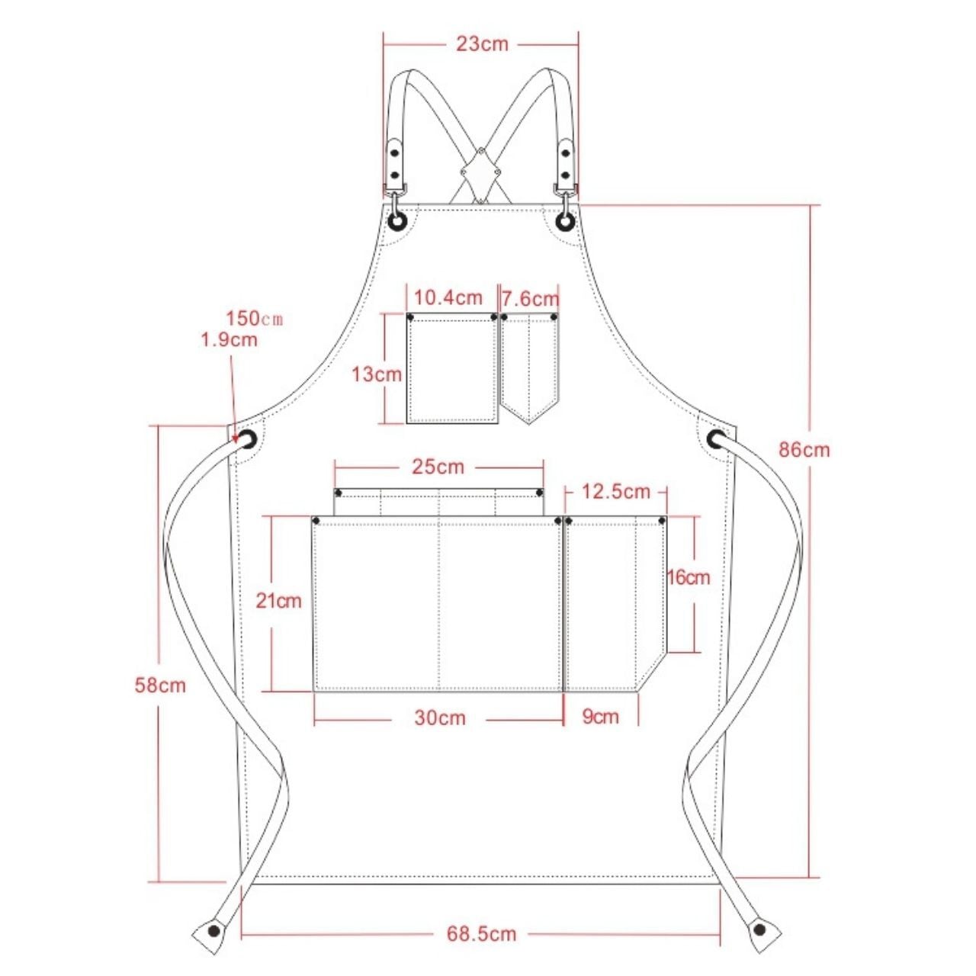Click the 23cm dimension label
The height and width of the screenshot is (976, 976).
click(482, 44)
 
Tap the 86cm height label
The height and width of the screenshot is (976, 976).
click(804, 450)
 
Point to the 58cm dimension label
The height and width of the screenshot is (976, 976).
click(160, 685)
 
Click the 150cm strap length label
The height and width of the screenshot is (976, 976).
click(254, 319)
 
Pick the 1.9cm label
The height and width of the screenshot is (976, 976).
click(230, 339)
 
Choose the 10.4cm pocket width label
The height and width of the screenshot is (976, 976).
click(448, 297)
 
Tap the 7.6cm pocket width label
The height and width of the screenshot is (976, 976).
click(530, 298)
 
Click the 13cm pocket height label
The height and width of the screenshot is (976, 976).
click(377, 374)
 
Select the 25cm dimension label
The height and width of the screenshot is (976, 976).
click(438, 466)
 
